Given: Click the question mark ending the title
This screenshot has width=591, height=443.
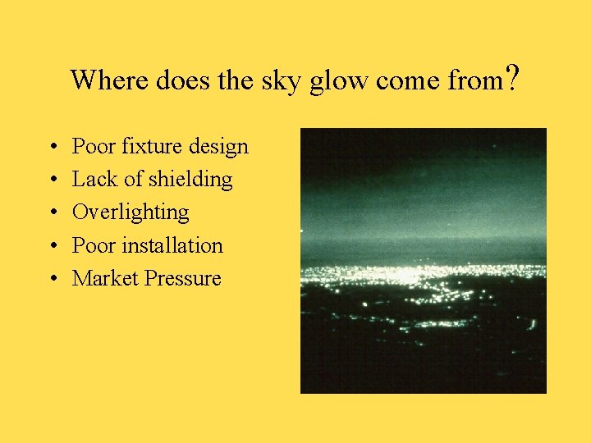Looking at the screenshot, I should [512, 79].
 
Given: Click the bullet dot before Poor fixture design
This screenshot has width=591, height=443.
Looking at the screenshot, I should [52, 148].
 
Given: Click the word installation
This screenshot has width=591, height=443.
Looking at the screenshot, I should [172, 245].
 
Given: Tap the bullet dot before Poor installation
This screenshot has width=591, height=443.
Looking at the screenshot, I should [52, 246].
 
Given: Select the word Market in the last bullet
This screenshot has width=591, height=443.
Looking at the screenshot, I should [105, 278].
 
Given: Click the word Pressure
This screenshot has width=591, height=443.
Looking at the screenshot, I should [183, 278].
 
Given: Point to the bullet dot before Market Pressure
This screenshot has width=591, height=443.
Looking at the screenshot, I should [52, 279].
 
